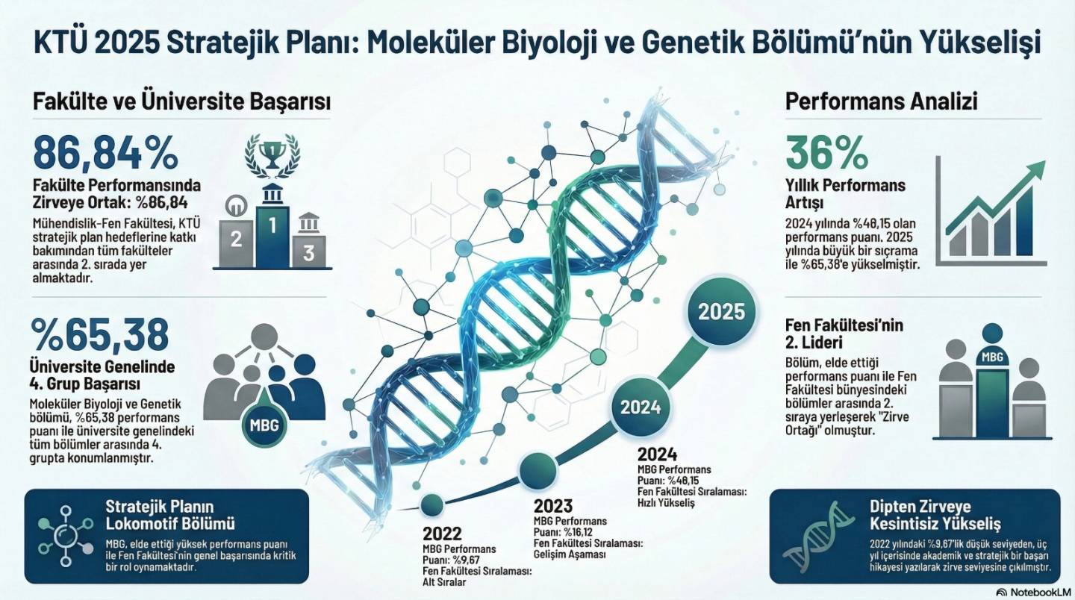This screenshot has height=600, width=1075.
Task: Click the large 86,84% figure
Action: click(105, 153)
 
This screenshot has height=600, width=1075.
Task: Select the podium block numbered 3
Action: click(309, 251)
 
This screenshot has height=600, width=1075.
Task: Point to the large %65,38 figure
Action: click(100, 334)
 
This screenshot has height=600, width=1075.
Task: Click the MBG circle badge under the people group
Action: click(264, 425)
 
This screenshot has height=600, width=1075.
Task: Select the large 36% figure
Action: click(827, 153)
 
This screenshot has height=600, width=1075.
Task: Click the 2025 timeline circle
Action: click(721, 312)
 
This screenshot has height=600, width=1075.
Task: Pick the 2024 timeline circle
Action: click(641, 407)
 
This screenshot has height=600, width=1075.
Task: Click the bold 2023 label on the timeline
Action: click(553, 506)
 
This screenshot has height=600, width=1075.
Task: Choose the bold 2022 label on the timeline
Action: click(442, 534)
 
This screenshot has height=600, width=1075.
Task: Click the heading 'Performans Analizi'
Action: click(881, 102)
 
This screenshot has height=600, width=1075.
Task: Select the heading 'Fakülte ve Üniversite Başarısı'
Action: click(181, 102)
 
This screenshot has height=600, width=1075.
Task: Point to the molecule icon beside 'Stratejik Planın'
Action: click(66, 537)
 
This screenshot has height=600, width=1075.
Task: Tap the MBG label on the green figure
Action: click(992, 357)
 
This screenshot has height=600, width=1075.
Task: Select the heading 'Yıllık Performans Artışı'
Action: click(845, 194)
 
